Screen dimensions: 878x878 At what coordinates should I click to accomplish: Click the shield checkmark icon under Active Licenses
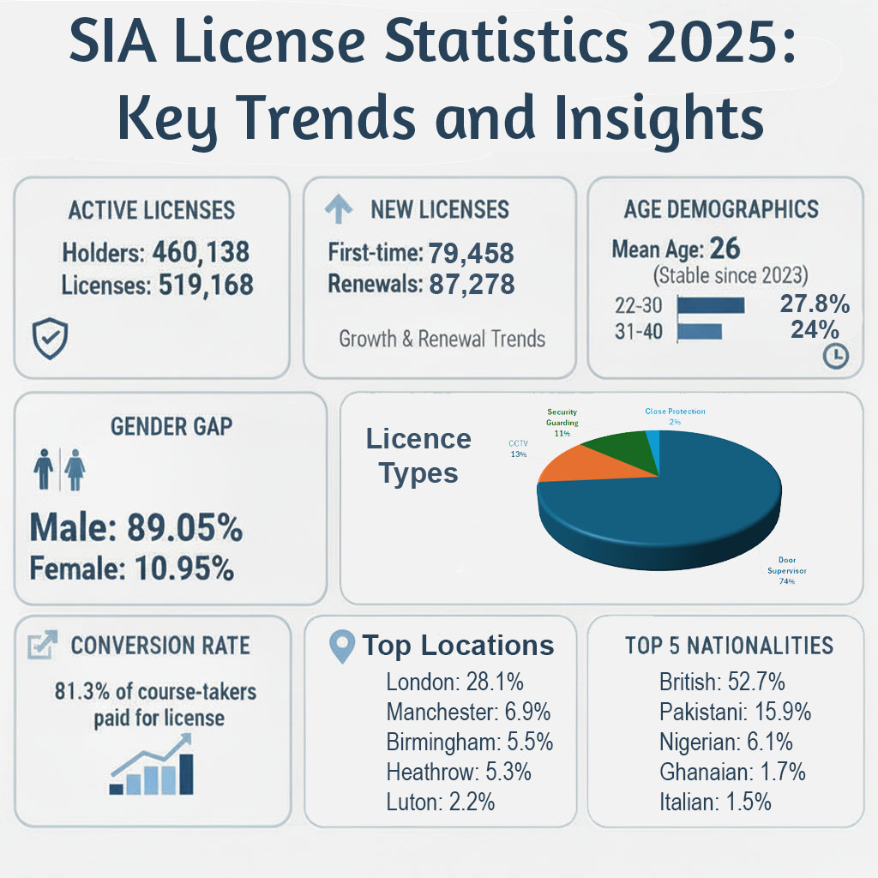pos(45,340)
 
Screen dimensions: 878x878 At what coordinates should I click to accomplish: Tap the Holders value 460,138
pos(201,252)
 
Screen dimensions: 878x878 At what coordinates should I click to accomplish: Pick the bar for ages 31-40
pos(700,331)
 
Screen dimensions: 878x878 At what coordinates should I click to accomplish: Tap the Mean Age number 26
pos(725,250)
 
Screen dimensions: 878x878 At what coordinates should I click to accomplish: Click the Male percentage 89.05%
pos(184,529)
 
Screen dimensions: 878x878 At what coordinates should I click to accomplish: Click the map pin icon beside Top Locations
pos(342,648)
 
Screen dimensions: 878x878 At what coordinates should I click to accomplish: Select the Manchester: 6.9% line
pos(468,713)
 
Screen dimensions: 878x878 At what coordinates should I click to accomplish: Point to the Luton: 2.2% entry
pos(440,802)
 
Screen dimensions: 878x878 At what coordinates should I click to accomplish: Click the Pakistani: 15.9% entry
pos(735,713)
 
